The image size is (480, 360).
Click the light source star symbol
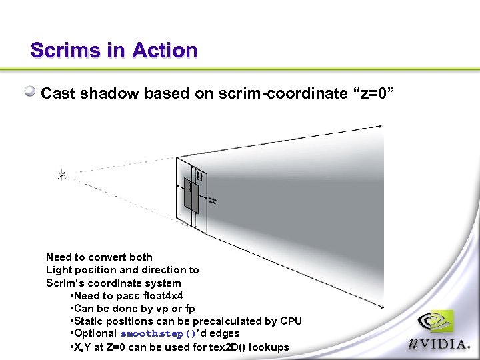click(x=61, y=175)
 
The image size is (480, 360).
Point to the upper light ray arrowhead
click(x=381, y=127)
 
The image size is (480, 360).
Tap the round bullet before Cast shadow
click(x=31, y=93)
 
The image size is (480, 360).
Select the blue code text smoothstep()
click(x=157, y=333)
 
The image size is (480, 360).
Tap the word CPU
click(x=291, y=321)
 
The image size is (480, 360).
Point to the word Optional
click(x=95, y=333)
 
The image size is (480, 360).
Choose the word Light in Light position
click(x=58, y=270)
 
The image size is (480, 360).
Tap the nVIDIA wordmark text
click(x=440, y=345)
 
